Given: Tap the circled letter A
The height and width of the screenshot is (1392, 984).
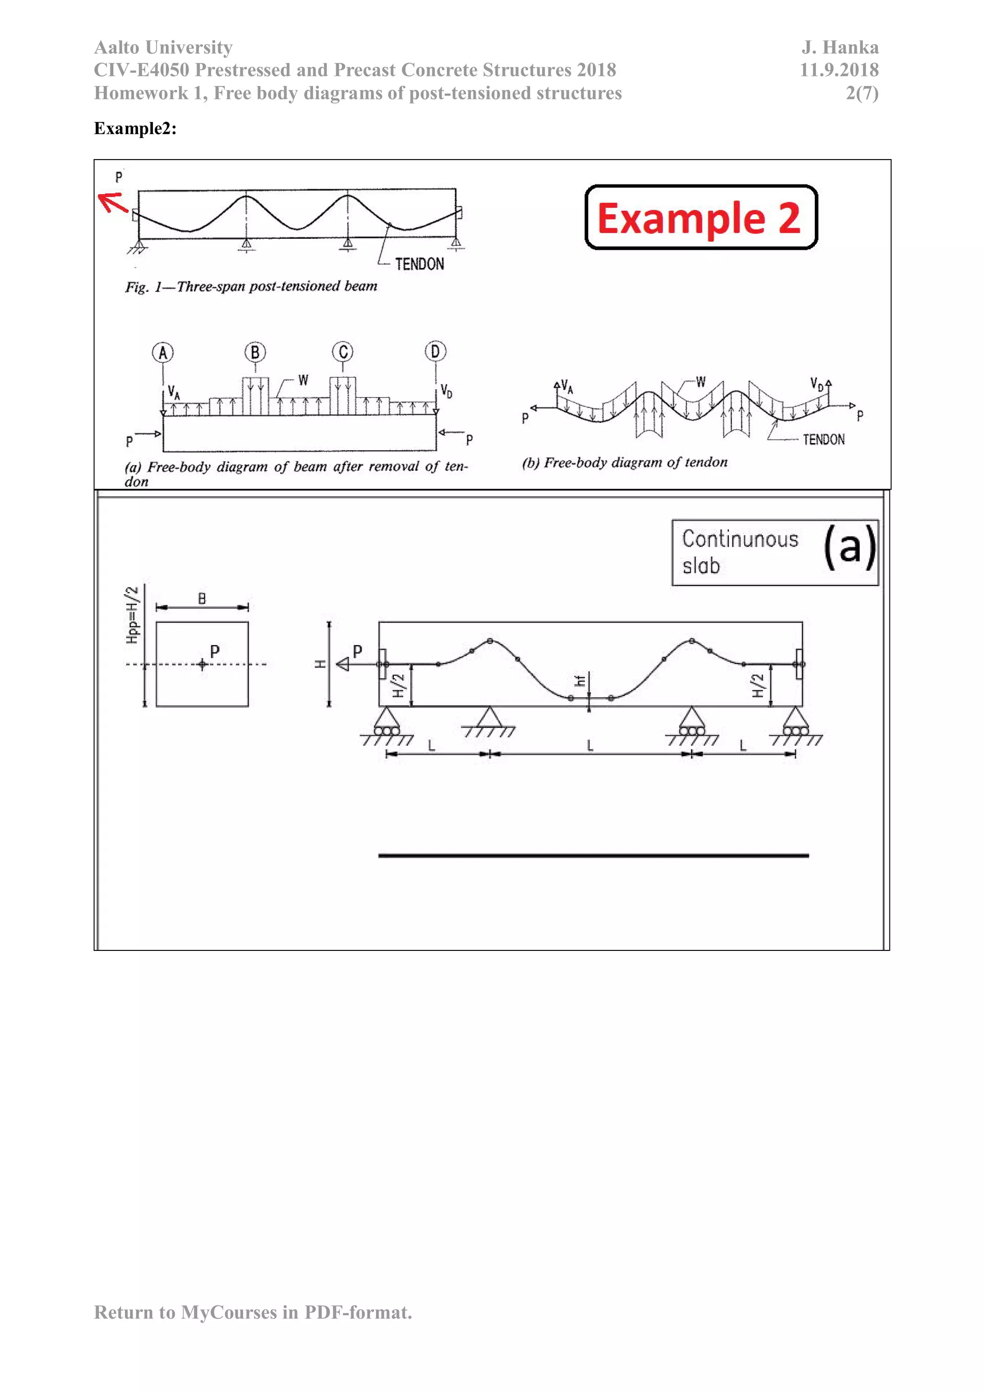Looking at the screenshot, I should pyautogui.click(x=162, y=352).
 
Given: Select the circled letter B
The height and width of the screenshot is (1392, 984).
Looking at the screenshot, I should pyautogui.click(x=255, y=352).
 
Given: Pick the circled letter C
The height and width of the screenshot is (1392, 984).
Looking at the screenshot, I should pyautogui.click(x=343, y=352).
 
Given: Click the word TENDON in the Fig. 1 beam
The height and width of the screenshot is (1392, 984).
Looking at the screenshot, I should pyautogui.click(x=419, y=264).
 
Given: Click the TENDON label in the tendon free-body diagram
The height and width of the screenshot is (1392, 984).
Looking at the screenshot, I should pyautogui.click(x=824, y=440).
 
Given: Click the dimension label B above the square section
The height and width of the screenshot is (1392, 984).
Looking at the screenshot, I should pyautogui.click(x=202, y=598).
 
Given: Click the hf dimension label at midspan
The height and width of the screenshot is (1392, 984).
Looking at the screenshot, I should pyautogui.click(x=579, y=681).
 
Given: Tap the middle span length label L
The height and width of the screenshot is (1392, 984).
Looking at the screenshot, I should pyautogui.click(x=590, y=745).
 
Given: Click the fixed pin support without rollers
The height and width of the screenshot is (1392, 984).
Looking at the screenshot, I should pyautogui.click(x=489, y=720).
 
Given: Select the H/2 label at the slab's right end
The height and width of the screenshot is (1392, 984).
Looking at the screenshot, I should pyautogui.click(x=758, y=686).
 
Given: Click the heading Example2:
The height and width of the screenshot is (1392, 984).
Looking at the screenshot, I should pyautogui.click(x=135, y=128).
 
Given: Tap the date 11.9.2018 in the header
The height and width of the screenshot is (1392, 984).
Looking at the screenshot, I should pyautogui.click(x=838, y=70).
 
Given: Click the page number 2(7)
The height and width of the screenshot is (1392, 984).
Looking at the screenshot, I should pyautogui.click(x=861, y=93).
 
